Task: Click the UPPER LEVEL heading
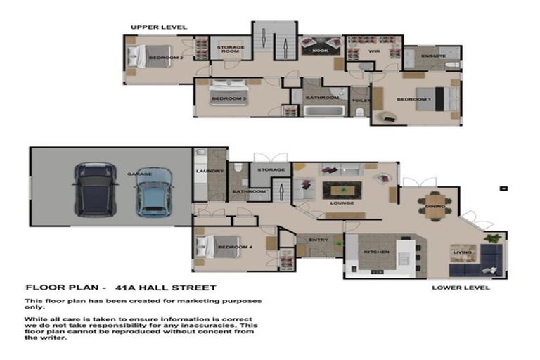click(x=159, y=27)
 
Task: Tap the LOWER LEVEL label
click(x=461, y=288)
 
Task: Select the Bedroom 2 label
click(x=167, y=58)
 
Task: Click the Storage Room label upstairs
click(x=230, y=49)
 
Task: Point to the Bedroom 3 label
click(x=229, y=100)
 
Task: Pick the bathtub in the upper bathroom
click(x=321, y=110)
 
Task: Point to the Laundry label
click(x=211, y=171)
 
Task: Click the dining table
click(x=434, y=205)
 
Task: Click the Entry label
click(x=319, y=240)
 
